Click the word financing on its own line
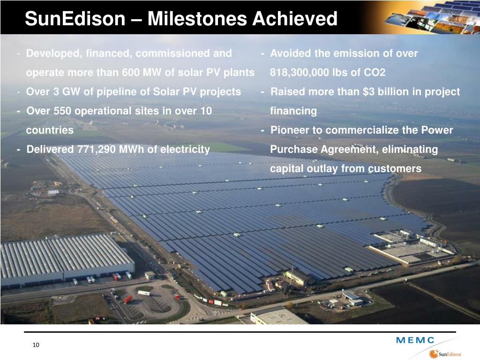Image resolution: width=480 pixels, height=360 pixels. coord(293,111)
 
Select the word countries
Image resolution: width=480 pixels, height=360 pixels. coord(50,130)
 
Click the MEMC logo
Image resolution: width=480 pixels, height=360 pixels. coord(415,340)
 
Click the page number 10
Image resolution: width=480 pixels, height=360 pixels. coord(37,345)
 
